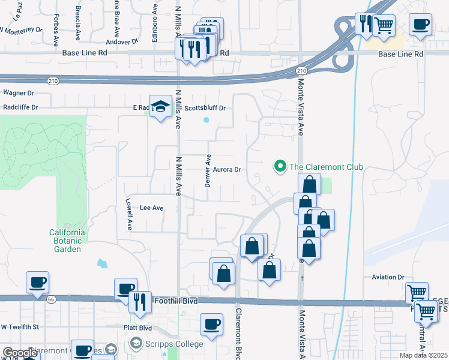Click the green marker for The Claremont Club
click(x=279, y=167)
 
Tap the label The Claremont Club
click(x=326, y=167)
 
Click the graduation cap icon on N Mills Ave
click(x=160, y=107)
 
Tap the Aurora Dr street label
click(x=225, y=170)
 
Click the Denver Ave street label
click(x=208, y=171)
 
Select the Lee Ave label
click(x=151, y=208)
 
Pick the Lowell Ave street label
click(x=129, y=215)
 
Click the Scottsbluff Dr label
click(x=205, y=109)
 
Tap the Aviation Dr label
click(x=388, y=277)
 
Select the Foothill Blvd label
click(x=175, y=300)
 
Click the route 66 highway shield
click(x=51, y=298)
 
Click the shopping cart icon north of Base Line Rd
click(x=384, y=25)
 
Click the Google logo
click(x=20, y=353)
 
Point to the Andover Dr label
click(x=122, y=41)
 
